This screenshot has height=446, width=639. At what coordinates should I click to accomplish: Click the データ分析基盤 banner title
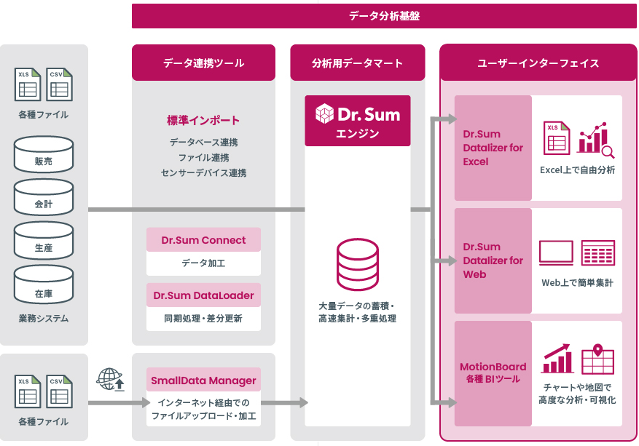384,15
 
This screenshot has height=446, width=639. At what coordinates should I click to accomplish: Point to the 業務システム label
44,318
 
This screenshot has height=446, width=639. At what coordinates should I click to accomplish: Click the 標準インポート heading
203,120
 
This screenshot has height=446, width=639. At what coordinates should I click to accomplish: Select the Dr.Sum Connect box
203,240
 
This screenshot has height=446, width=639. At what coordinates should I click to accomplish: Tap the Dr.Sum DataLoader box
203,295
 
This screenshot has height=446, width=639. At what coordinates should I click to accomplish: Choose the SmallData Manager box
203,380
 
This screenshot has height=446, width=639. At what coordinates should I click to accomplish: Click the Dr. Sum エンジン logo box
357,121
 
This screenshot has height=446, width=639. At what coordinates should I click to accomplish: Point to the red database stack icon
357,264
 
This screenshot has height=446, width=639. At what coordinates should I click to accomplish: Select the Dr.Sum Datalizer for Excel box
493,148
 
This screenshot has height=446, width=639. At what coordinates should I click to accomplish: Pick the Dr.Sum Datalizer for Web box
493,260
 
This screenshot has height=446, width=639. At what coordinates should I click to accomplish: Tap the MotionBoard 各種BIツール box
493,373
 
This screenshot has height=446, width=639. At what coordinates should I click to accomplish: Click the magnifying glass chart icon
596,140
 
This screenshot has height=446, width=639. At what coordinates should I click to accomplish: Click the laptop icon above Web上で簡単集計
556,252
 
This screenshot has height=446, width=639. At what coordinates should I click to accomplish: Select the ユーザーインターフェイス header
538,63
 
